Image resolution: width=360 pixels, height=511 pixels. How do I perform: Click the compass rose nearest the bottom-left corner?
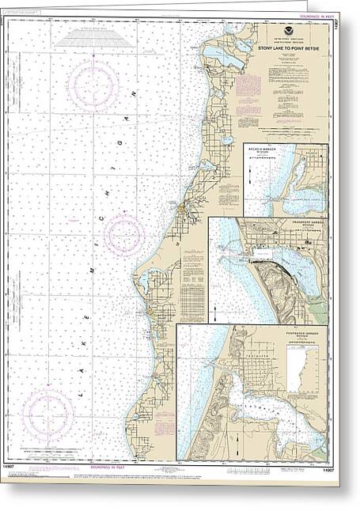[47, 415]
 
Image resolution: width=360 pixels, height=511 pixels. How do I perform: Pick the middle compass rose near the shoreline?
[124, 235]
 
